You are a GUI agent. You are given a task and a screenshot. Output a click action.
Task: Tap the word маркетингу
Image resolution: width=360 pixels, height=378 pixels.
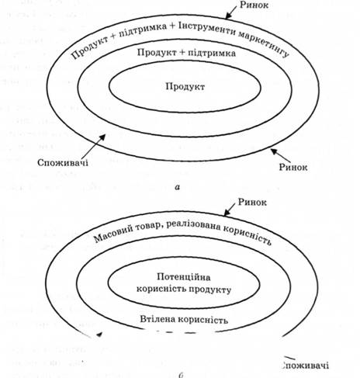point(263,44)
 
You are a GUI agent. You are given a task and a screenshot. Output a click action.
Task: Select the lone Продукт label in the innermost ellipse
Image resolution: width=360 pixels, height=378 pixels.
point(185,86)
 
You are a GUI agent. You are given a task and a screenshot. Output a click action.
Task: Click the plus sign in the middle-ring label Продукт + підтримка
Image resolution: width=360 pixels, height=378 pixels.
point(182,53)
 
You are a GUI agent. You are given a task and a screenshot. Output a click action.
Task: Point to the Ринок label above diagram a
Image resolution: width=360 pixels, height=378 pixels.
point(254,5)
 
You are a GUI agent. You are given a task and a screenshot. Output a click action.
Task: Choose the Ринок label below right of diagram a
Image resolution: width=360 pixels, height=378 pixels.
point(293,167)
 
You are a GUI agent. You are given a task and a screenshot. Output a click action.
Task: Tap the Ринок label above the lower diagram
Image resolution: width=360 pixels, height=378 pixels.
point(252,202)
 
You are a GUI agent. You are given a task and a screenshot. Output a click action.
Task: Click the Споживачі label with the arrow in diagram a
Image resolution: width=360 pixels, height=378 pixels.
point(63,163)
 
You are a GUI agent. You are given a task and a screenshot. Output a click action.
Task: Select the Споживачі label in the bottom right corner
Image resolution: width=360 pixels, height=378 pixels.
point(305,366)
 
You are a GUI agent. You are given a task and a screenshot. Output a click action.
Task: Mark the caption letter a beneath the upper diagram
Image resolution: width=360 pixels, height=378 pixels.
point(177,187)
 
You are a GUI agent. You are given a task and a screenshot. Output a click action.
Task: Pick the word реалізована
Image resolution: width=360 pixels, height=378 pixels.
point(193,225)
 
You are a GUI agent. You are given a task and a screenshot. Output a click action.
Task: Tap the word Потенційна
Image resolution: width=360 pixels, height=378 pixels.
point(184,277)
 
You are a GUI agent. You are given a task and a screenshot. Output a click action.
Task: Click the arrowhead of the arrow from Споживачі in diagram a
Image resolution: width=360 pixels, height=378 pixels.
point(102,137)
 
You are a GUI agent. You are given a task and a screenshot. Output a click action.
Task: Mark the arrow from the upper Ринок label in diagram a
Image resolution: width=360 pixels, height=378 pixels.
point(230,12)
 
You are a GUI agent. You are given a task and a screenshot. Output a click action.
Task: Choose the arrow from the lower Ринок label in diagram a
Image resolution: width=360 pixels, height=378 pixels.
point(280,155)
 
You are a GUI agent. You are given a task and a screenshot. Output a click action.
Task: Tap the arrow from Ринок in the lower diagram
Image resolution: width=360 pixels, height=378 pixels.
point(230,209)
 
